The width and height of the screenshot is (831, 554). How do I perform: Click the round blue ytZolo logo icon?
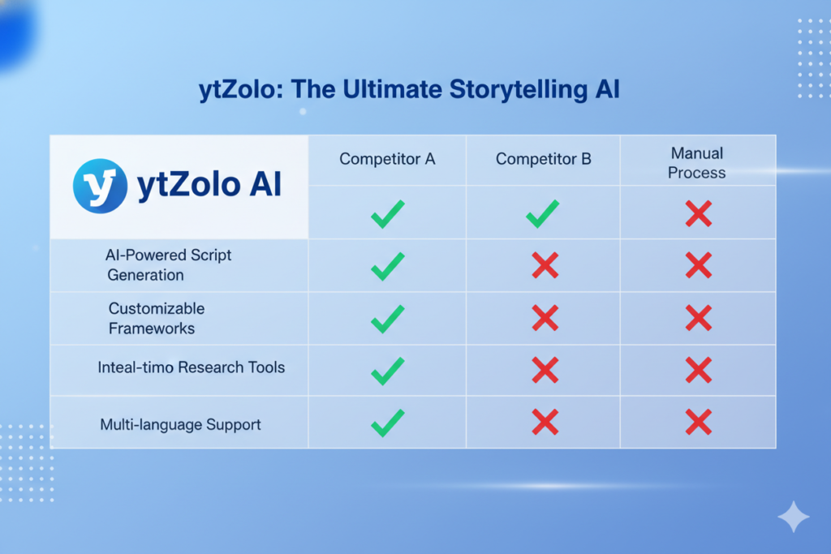tap(100, 186)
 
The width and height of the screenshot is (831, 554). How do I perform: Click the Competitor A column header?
tap(387, 159)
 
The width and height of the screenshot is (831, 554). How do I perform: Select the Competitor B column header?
tap(544, 159)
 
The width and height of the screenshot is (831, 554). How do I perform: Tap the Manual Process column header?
tap(697, 162)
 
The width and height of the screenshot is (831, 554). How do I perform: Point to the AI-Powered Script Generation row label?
tap(168, 265)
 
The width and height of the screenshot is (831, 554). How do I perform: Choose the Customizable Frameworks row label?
tap(157, 319)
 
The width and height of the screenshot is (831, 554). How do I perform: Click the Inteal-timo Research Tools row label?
tap(191, 367)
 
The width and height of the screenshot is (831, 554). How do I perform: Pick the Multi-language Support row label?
tap(180, 424)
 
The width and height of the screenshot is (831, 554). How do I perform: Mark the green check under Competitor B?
tap(542, 213)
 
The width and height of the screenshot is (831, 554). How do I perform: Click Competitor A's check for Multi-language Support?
tap(387, 422)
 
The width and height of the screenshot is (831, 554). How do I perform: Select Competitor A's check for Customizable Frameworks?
tap(387, 319)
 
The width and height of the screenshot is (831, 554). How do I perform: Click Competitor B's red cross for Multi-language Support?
tap(545, 422)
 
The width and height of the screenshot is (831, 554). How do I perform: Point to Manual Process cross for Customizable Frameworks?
tap(698, 318)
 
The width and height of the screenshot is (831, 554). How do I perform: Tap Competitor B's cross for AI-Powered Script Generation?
tap(545, 265)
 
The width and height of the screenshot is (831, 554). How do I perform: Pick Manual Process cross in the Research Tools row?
tap(698, 370)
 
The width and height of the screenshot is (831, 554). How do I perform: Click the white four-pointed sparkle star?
tap(793, 517)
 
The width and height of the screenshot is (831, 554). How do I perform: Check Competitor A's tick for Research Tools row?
tap(387, 371)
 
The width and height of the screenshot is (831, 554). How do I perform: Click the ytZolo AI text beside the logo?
tap(209, 186)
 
